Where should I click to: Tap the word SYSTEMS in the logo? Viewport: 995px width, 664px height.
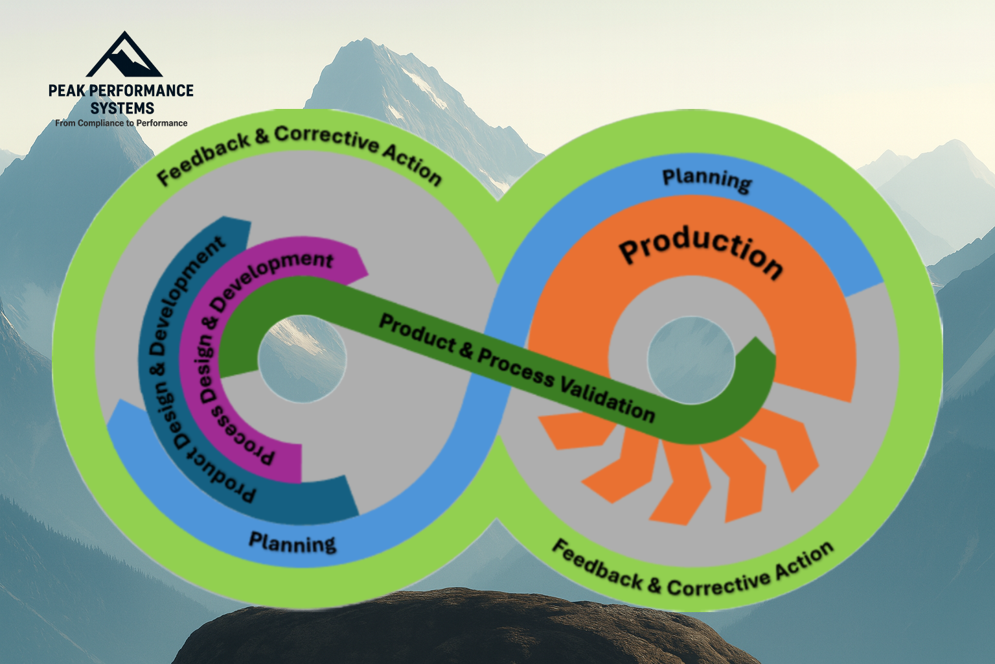pos(122,108)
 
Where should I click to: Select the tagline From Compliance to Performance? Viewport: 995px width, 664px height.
pos(121,123)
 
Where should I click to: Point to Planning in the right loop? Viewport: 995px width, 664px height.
pos(707,179)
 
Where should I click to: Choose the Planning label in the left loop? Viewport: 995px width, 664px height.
pos(292,542)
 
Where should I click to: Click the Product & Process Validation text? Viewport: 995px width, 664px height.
pos(516,366)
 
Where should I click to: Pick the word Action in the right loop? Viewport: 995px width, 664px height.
pos(803,559)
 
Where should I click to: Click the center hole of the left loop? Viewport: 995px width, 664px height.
pos(302,359)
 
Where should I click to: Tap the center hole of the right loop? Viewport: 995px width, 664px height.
pos(691,359)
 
